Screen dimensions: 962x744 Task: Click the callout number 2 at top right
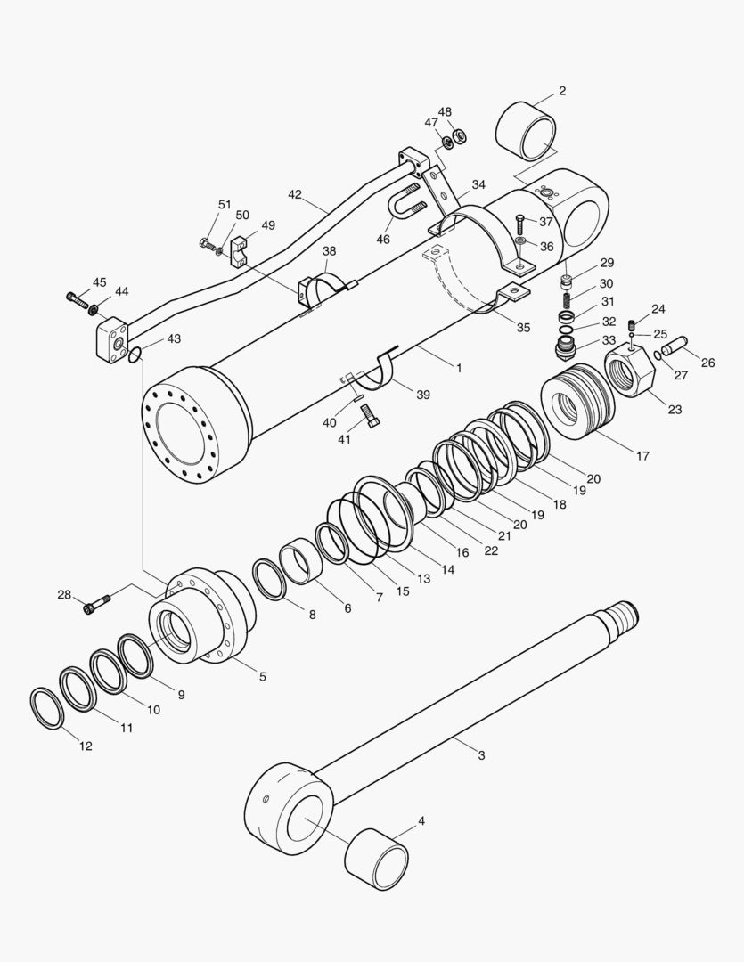coord(561,91)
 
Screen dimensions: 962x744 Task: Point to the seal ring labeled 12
coord(47,708)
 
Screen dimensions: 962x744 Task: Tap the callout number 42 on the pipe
coord(295,193)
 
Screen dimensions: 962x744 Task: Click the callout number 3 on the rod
coord(481,755)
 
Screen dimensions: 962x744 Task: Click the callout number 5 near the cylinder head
coord(262,676)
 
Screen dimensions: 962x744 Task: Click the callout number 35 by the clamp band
coord(523,326)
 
